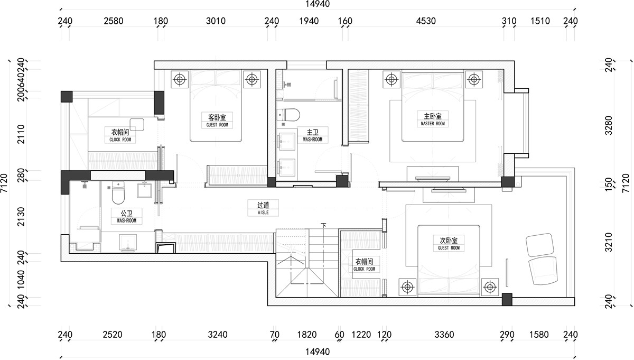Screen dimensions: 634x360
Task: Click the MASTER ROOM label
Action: [433, 124]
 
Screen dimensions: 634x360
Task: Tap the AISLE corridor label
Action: [263, 213]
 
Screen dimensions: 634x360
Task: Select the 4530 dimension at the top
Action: [426, 21]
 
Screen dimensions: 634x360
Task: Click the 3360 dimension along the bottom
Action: [444, 335]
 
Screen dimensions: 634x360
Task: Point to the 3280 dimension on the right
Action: [609, 125]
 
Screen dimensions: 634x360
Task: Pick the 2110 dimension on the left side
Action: [21, 134]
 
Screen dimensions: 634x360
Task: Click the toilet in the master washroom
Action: [288, 115]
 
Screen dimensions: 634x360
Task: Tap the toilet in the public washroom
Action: [118, 192]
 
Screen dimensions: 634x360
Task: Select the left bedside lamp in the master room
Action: [391, 79]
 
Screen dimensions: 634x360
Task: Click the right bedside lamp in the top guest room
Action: [252, 79]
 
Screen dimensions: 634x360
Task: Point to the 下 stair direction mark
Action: [323, 225]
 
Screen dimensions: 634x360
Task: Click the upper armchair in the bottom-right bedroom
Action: [540, 245]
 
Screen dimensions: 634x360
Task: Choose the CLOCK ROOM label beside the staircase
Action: [364, 269]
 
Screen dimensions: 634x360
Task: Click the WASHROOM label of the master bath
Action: [312, 140]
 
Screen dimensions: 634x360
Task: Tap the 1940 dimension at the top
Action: [309, 21]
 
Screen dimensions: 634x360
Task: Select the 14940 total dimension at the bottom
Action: [318, 352]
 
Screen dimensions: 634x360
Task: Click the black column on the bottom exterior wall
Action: [507, 300]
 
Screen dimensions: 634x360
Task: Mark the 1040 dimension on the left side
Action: [21, 279]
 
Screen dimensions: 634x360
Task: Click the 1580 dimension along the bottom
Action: [539, 335]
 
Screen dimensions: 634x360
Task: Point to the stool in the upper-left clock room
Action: [137, 125]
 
